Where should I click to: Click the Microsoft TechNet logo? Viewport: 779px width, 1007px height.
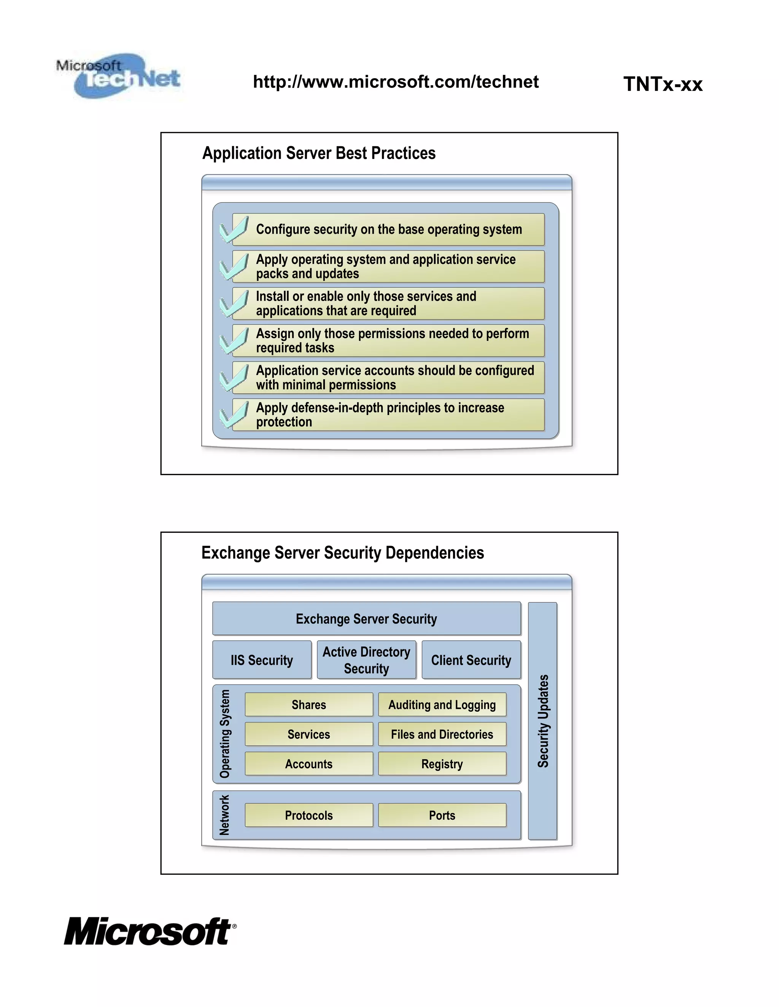coord(119,76)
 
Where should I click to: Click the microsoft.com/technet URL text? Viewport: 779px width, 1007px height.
coord(396,82)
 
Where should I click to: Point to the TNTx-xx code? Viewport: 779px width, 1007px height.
coord(663,84)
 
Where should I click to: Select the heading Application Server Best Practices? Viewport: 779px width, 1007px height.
coord(319,153)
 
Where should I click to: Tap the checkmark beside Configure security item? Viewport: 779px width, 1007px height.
coord(234,230)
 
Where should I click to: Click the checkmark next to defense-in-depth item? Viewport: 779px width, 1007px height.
coord(234,414)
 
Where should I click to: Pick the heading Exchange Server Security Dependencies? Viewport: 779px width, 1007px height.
coord(342,553)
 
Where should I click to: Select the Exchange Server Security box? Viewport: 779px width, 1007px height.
coord(366,619)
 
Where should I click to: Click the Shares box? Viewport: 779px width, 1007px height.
coord(309,705)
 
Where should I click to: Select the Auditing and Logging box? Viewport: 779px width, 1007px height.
coord(442,705)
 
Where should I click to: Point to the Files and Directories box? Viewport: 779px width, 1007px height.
coord(442,734)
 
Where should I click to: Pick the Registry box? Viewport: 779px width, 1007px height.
coord(442,764)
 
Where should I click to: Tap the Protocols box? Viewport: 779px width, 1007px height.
coord(309,815)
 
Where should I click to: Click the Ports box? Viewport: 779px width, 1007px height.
coord(442,815)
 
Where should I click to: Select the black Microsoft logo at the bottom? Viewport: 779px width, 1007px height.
coord(149,931)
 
